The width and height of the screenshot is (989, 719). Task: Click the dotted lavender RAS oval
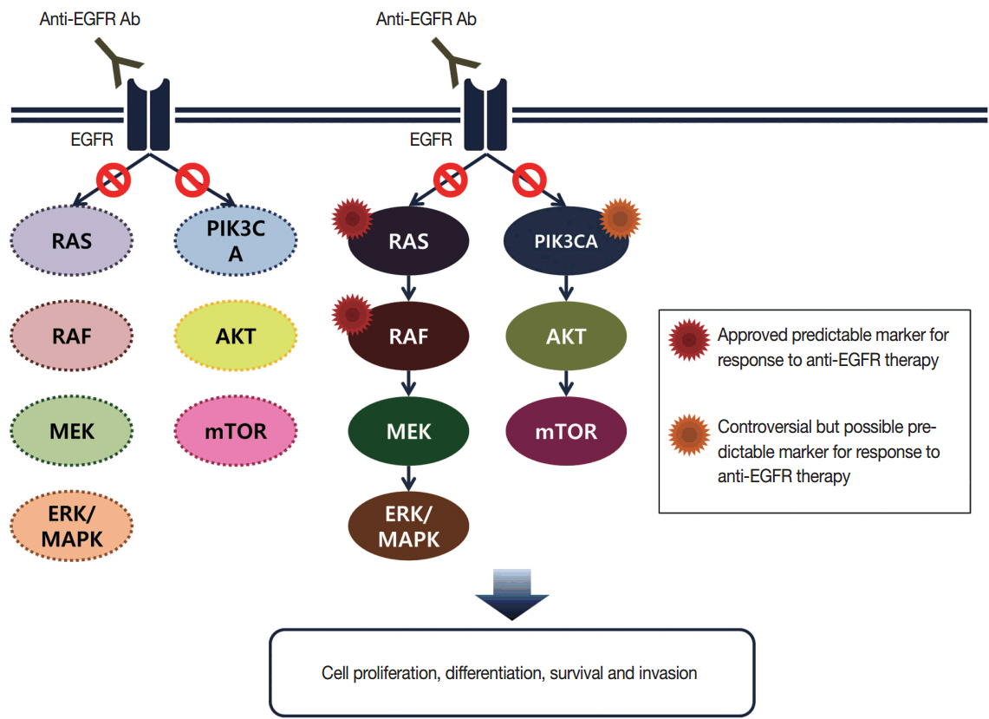click(x=72, y=240)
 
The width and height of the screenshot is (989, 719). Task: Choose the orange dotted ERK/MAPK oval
click(x=72, y=526)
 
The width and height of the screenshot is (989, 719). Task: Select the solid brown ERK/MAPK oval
click(x=408, y=526)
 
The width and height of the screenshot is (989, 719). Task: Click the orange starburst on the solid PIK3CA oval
click(x=620, y=219)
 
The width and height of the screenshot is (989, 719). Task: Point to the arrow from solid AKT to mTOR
click(x=565, y=382)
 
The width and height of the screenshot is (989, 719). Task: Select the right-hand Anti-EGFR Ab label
click(x=426, y=18)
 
